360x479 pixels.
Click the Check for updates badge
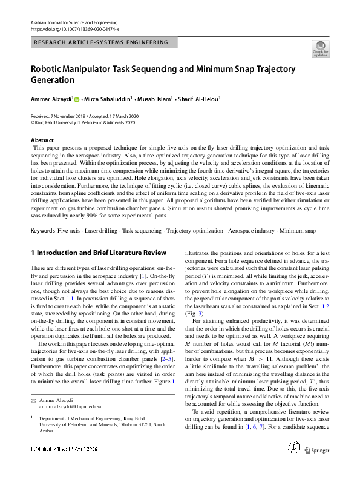click(x=321, y=48)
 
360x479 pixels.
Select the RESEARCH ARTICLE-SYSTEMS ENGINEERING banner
click(x=101, y=42)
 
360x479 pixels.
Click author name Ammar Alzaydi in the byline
click(x=50, y=98)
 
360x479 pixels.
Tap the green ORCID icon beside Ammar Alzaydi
click(x=77, y=99)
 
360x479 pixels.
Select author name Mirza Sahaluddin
click(x=110, y=98)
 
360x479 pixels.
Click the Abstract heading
click(x=42, y=140)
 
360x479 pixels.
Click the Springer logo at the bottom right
click(x=316, y=467)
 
